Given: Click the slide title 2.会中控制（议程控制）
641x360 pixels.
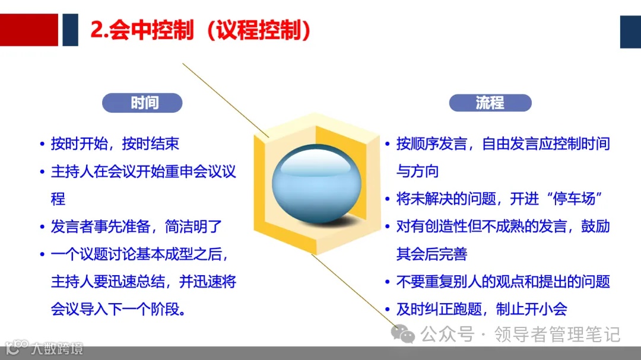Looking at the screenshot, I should [201, 30].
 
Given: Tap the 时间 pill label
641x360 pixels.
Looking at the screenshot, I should [144, 103].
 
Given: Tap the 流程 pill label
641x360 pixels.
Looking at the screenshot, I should [490, 103].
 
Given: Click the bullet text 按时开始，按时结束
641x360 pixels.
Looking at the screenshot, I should [115, 144].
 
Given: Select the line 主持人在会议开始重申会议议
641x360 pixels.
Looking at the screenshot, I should [143, 171].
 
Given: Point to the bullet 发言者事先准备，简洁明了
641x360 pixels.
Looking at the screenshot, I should [136, 227].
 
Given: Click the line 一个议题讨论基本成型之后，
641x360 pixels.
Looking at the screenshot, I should [139, 254].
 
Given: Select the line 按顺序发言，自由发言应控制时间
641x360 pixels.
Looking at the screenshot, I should [503, 144].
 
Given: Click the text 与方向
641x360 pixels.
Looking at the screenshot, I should [417, 171].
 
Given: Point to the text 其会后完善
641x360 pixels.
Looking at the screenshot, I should [431, 254].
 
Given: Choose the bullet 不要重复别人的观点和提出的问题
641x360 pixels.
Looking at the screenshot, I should [503, 282].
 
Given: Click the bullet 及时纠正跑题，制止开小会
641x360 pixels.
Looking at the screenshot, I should [481, 310].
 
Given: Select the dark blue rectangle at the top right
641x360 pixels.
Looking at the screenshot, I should [630, 31].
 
